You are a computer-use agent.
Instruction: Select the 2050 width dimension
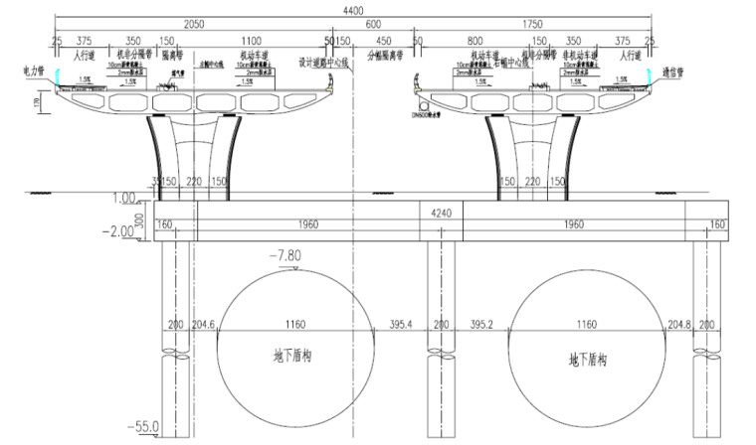(x=194, y=24)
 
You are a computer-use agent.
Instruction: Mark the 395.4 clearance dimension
(x=399, y=325)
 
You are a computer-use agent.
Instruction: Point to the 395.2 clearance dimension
(x=481, y=325)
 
